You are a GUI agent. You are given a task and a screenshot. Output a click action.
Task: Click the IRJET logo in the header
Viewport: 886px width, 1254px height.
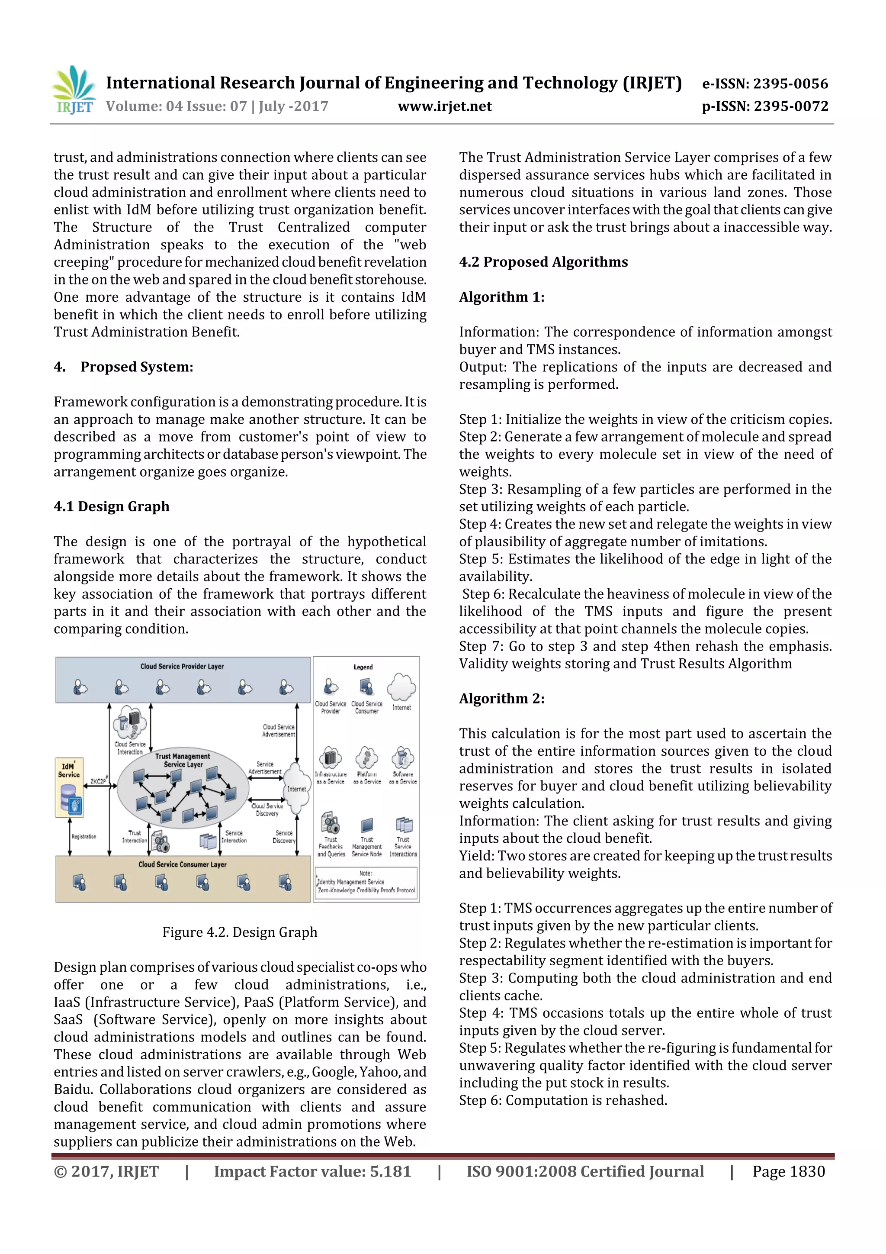point(74,90)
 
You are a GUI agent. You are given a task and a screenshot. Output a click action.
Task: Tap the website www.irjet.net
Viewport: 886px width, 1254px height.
point(444,106)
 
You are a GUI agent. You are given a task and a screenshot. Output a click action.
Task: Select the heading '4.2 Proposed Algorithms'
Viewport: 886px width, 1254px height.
point(543,262)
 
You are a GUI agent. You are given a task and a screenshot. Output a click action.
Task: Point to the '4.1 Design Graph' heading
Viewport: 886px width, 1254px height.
point(111,506)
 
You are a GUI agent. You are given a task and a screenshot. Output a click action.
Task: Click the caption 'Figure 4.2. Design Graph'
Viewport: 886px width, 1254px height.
point(240,932)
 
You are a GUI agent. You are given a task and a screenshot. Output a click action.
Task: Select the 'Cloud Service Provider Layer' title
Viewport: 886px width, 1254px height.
point(182,666)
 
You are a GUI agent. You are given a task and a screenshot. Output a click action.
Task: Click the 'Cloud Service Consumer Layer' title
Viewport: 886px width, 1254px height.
point(182,864)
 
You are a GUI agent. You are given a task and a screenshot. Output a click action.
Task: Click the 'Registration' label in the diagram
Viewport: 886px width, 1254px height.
point(83,837)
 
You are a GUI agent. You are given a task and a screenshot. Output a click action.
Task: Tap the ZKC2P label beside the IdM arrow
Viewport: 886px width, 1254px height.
point(99,782)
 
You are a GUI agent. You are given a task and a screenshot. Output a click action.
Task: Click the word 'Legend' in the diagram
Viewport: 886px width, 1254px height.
point(363,667)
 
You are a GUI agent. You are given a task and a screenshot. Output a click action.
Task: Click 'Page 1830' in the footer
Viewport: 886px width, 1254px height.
point(788,1171)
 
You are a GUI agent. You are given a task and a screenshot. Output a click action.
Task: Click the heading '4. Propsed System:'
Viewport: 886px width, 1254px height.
point(123,367)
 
